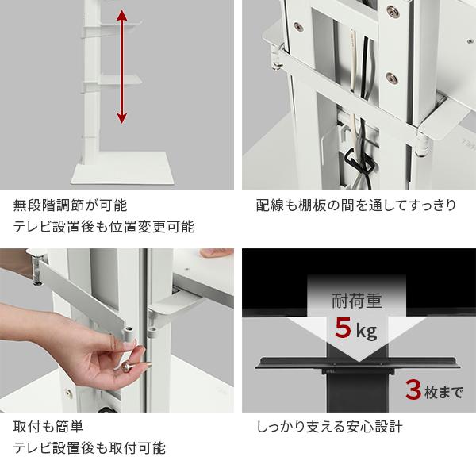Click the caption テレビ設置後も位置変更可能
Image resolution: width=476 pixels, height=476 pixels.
pyautogui.click(x=104, y=227)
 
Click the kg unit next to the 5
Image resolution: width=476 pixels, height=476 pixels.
pyautogui.click(x=367, y=331)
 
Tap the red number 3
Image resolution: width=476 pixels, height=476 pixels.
pyautogui.click(x=412, y=390)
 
